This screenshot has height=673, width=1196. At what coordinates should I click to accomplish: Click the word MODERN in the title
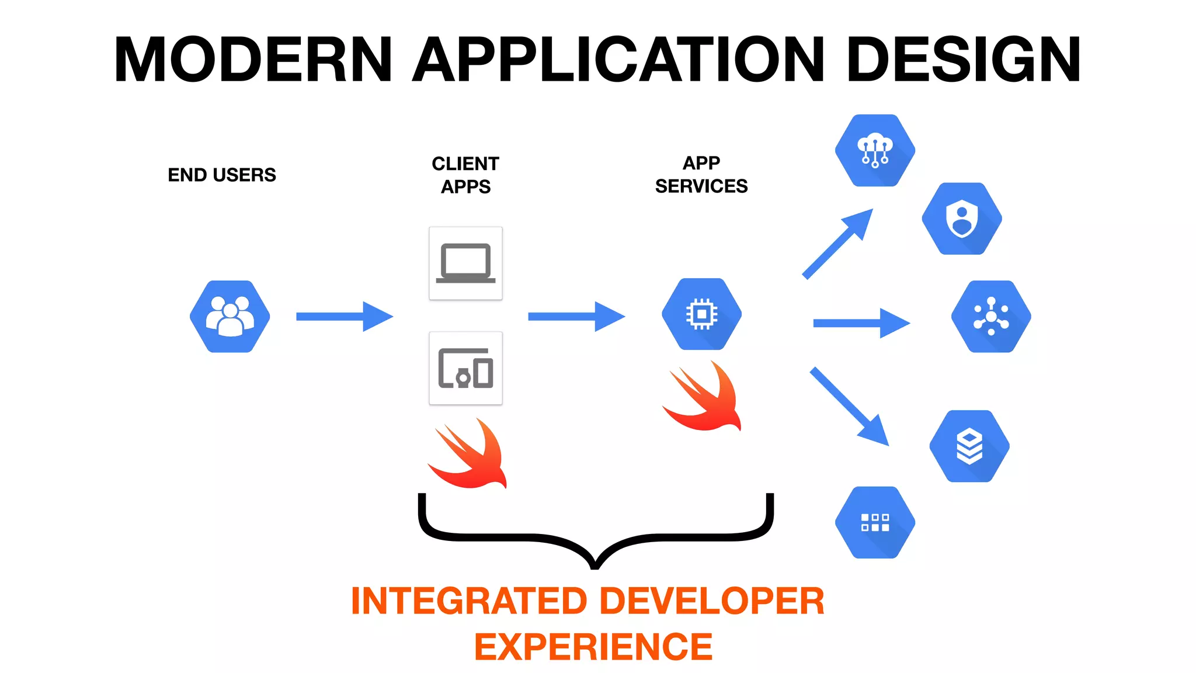pos(253,60)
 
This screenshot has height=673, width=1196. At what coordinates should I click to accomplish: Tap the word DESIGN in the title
pos(964,60)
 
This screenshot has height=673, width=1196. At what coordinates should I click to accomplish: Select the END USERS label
pos(221,175)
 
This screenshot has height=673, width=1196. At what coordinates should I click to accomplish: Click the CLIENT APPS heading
pos(465,175)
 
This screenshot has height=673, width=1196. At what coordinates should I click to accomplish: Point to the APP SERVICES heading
pos(701,174)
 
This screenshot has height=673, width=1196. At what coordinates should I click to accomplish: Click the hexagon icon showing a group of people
pos(230,317)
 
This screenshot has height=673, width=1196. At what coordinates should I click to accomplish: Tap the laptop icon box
pos(465,263)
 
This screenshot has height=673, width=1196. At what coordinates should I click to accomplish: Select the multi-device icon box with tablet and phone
pos(465,368)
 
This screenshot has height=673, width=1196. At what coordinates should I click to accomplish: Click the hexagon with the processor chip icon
pos(701,314)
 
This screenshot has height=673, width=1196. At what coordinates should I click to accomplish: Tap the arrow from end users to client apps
pos(345,317)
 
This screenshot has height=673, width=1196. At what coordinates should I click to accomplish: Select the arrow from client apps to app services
pos(576,317)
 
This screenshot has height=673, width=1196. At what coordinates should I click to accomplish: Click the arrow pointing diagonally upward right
pos(837,244)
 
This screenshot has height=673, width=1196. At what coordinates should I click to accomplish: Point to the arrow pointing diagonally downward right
pos(849,406)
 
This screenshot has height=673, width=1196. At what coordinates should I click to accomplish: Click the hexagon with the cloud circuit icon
pos(875,151)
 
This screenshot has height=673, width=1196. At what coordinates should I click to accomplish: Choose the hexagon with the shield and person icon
pos(962,218)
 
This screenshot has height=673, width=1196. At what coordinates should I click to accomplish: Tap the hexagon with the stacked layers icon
pos(969,446)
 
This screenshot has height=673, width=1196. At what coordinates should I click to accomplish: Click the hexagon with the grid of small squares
pos(875,522)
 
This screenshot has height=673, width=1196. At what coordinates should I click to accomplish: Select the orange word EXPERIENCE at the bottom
pos(593,647)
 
